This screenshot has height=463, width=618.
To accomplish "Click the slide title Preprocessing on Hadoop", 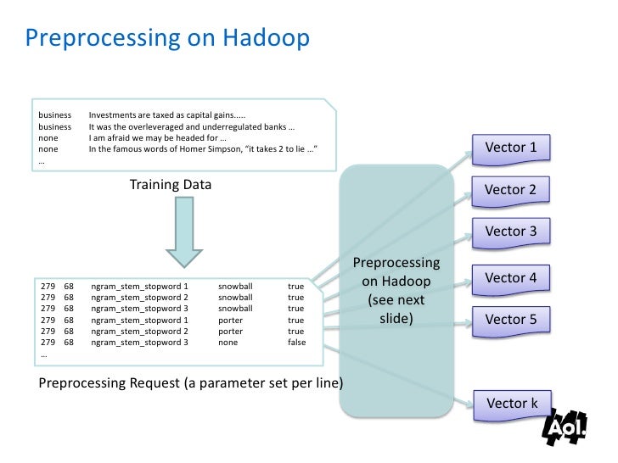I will coord(166,38).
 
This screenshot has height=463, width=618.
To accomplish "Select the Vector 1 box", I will coord(510,148).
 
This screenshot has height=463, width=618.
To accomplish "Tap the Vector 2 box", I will coord(510,189).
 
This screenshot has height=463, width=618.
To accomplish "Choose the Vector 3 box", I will coord(510,231).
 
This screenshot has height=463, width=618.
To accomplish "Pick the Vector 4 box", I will coord(510,277).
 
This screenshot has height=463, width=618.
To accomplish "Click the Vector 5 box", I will coord(510,319).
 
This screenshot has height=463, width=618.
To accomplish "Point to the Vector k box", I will coord(512,403).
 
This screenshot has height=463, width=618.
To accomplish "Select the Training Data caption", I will coord(171,184).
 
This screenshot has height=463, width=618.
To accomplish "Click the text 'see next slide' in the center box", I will coord(396,310).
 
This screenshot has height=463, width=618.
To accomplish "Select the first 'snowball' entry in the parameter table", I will coord(235,287).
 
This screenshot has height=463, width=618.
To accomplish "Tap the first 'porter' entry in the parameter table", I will coord(230,320).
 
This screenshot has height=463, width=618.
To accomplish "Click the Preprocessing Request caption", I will coord(191,382).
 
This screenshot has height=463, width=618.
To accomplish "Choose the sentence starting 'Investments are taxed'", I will coord(168,115).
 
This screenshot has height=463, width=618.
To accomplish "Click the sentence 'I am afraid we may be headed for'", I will coord(157,137).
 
